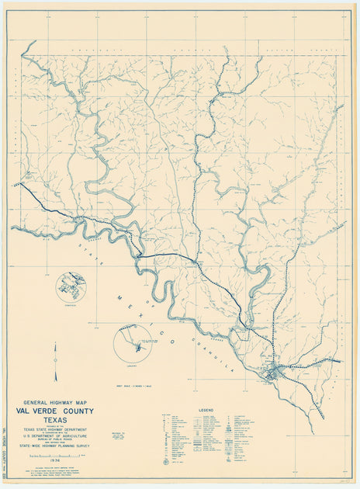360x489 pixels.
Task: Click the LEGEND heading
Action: pos(206,409)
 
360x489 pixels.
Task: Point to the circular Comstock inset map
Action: pos(71,287)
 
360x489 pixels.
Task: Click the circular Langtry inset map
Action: pos(132,343)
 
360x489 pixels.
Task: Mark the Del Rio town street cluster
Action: pos(272,373)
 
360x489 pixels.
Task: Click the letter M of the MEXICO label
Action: pos(119,297)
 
